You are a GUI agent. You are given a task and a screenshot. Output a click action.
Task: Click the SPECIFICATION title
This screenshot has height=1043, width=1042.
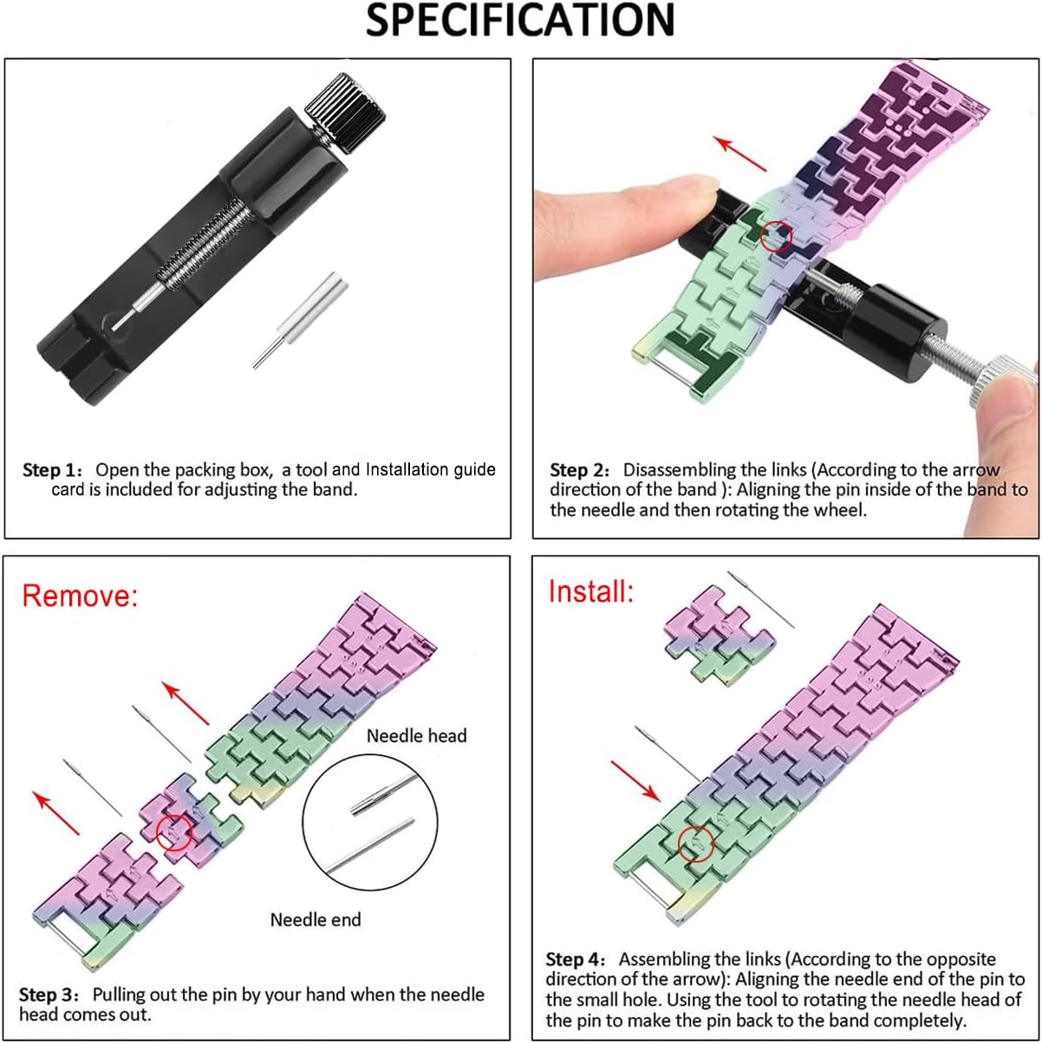tap(520, 21)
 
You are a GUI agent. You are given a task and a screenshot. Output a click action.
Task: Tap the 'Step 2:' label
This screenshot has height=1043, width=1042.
tap(580, 470)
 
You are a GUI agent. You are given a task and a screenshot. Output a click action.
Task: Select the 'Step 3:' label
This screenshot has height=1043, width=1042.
tap(49, 994)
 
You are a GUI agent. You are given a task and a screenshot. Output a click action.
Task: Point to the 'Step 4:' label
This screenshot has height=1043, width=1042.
tap(576, 959)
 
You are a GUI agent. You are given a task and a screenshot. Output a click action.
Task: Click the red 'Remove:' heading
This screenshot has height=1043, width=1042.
tap(80, 596)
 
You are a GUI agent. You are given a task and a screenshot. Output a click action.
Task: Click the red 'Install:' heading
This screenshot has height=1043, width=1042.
tap(591, 591)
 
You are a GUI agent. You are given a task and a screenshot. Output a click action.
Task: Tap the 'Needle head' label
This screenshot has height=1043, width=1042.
tap(417, 735)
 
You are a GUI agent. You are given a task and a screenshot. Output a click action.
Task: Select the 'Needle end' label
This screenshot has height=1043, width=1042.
tap(316, 920)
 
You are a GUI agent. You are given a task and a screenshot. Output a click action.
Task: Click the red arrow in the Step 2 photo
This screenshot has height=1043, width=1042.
tap(740, 154)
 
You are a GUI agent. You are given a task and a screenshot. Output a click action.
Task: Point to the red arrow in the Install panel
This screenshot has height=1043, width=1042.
tap(636, 781)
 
